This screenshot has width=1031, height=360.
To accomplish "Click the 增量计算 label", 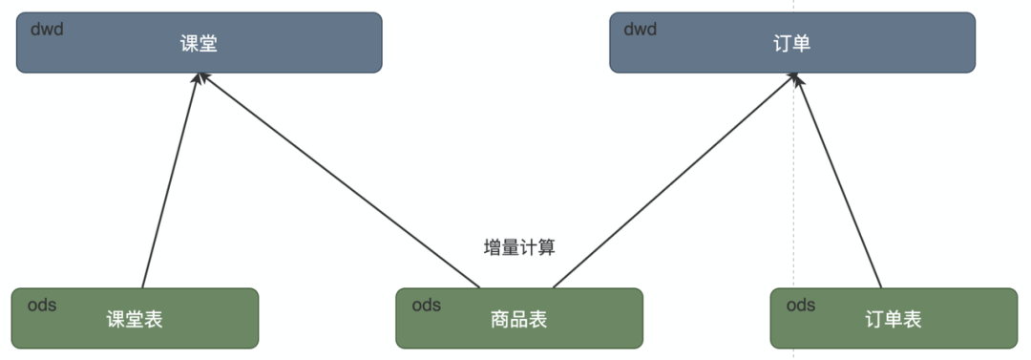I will (x=519, y=247).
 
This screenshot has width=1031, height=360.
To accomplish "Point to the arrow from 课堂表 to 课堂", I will (x=170, y=181).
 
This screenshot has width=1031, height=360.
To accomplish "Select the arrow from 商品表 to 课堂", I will (x=339, y=181).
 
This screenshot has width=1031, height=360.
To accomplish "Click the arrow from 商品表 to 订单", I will (x=673, y=181).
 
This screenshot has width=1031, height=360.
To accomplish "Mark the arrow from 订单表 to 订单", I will (x=838, y=181).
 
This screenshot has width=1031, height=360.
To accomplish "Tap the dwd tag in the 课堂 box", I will (x=47, y=29).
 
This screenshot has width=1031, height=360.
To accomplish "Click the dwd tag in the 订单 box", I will (x=641, y=29).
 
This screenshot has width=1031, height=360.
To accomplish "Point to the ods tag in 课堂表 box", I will (x=41, y=306).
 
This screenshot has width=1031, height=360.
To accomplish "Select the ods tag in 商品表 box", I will (x=426, y=306).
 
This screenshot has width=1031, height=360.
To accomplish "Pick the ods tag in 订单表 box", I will (x=801, y=306).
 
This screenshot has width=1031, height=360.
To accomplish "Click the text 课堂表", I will (x=135, y=319).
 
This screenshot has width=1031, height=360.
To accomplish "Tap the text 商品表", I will (x=518, y=319).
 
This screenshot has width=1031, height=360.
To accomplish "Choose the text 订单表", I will (x=894, y=319).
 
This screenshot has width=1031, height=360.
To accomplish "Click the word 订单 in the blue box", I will (x=792, y=44).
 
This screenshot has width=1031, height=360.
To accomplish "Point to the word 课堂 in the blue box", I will (x=199, y=44).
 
